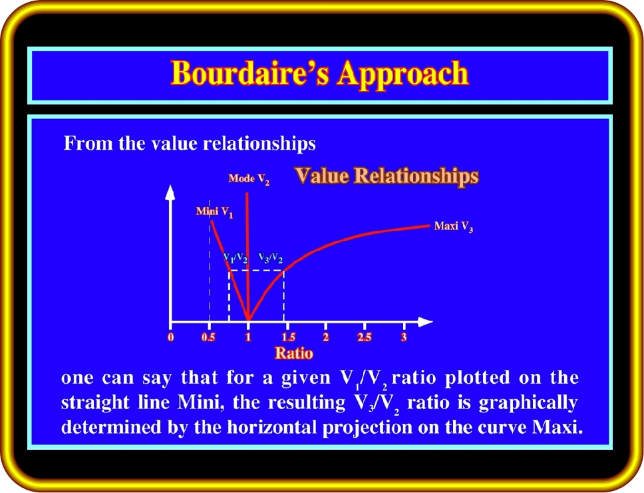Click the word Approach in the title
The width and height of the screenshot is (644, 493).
(403, 74)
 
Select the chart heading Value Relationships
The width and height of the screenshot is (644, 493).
(387, 176)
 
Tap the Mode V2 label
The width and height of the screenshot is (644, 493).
(249, 179)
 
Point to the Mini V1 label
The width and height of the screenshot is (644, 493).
(214, 212)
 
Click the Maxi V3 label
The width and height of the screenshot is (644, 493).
(454, 226)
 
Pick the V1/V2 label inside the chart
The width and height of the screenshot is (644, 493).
(236, 258)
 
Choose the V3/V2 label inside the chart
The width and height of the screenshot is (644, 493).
(270, 258)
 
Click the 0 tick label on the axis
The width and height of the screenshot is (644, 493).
(171, 337)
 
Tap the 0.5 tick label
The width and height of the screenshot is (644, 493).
(208, 337)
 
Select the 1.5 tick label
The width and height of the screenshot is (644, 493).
(288, 337)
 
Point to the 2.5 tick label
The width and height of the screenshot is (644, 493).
(365, 337)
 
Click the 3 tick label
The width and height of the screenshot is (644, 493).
(404, 337)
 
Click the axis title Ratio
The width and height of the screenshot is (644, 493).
(293, 353)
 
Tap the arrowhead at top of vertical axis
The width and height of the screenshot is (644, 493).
(170, 192)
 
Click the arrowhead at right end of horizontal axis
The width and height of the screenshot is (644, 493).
(425, 322)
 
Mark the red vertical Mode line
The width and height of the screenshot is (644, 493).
(247, 256)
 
